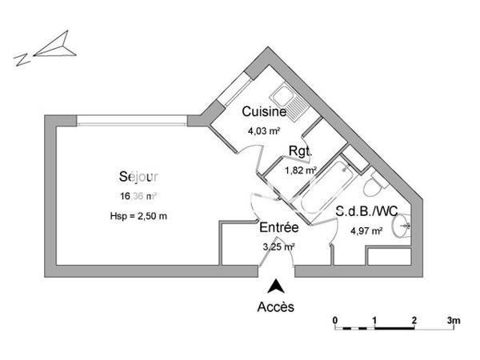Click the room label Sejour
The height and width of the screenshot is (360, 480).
[x=138, y=177]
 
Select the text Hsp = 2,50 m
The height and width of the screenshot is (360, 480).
[x=138, y=215]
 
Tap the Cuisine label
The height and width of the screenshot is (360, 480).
[x=263, y=113]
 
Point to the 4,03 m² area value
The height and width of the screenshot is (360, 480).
[x=263, y=131]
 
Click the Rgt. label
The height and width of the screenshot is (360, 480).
[x=300, y=151]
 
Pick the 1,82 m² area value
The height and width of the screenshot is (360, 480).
[x=301, y=170]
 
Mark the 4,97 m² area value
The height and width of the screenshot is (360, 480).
[x=366, y=231]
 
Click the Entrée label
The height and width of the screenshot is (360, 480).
[x=278, y=228]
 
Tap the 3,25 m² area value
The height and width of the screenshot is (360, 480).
[x=279, y=246]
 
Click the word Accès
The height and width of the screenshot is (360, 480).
[x=276, y=306]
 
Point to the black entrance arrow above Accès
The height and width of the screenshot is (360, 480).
[x=277, y=286]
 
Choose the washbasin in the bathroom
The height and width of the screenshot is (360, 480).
[x=406, y=226]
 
